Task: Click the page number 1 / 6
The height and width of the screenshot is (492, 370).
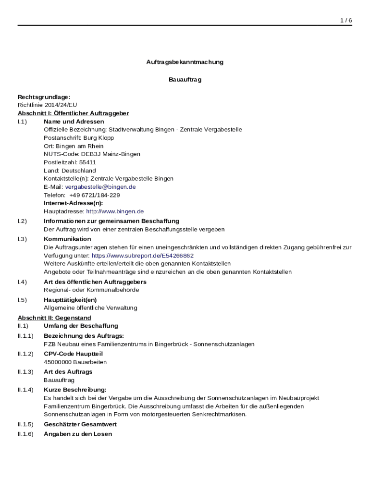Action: tap(346, 20)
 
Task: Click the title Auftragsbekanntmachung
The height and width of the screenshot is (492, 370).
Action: tap(185, 62)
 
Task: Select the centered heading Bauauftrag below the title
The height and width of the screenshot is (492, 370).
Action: tap(185, 80)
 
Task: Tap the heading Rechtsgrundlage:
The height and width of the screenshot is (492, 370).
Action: tap(44, 97)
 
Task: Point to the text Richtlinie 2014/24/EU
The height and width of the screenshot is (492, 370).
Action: tap(47, 105)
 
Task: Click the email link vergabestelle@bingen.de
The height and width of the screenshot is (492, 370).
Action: tap(100, 186)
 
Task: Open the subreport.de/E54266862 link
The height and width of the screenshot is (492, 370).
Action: tap(143, 256)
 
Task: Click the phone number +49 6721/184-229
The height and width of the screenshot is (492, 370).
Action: tap(95, 195)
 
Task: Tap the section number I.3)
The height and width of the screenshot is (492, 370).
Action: tap(23, 239)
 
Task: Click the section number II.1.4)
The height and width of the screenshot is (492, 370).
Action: tap(25, 390)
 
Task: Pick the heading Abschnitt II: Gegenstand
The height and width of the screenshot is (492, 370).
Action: tap(54, 318)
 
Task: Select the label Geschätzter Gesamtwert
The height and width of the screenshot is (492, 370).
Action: tap(80, 425)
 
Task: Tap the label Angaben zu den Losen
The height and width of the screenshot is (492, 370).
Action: tap(78, 434)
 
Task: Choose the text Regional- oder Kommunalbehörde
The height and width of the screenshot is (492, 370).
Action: tap(91, 290)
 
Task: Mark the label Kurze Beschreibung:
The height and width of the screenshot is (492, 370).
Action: tap(75, 390)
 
